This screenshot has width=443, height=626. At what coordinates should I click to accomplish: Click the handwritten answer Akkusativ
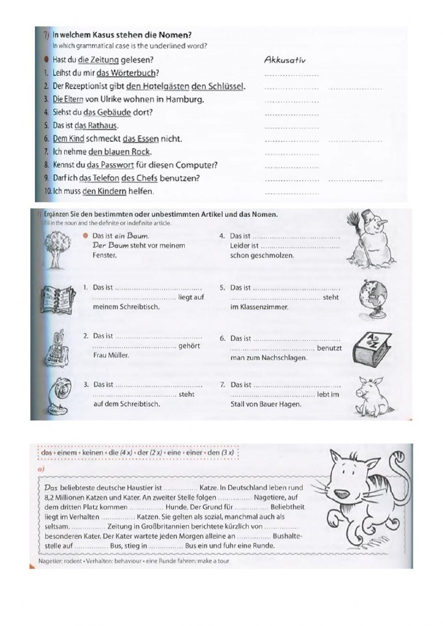pyautogui.click(x=284, y=60)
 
